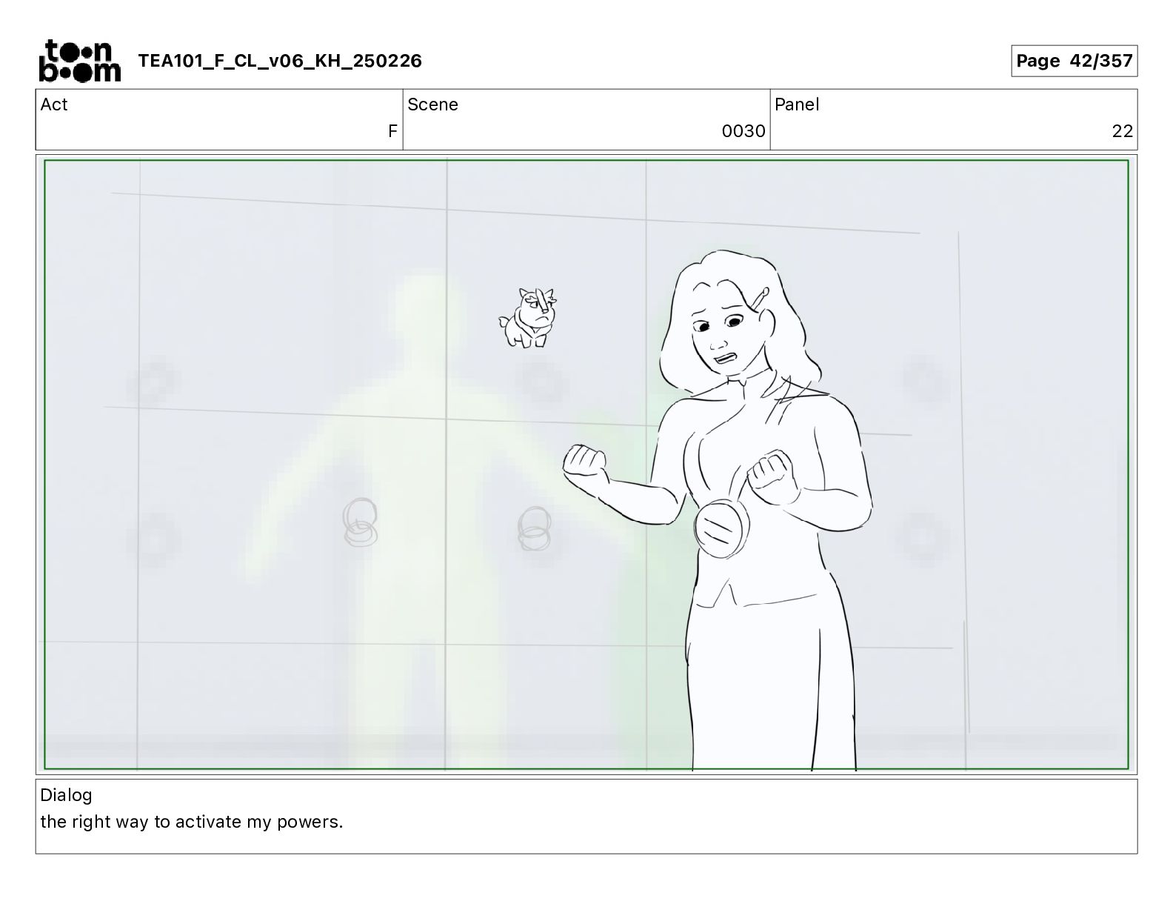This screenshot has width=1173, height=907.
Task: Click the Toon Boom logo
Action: tap(80, 61)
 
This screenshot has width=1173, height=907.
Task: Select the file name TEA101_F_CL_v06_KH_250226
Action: tap(280, 61)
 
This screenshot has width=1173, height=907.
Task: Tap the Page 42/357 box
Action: tap(1074, 61)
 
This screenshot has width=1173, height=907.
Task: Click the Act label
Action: tap(54, 104)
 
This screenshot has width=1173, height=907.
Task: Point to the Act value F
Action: tap(392, 130)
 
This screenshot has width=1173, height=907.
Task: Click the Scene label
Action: tap(432, 104)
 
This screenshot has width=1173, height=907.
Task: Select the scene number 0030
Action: tap(743, 130)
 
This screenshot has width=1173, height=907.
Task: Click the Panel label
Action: tap(797, 104)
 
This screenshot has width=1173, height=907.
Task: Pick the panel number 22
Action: tap(1122, 130)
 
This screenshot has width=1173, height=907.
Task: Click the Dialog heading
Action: tap(66, 795)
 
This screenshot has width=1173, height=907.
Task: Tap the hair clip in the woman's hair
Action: tap(758, 299)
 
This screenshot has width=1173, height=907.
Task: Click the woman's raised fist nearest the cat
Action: tap(584, 461)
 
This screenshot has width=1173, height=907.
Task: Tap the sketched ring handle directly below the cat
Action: tap(535, 528)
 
